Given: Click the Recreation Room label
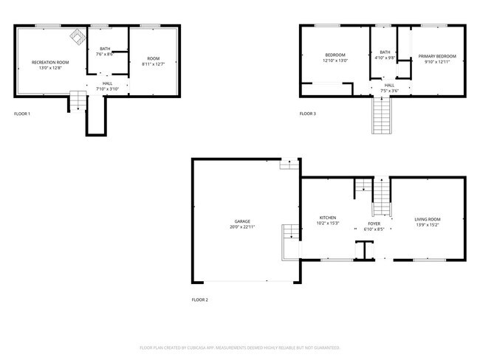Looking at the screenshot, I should click(x=50, y=62).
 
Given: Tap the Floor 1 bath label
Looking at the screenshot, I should click(x=105, y=49).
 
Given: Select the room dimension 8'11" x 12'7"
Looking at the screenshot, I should click(x=153, y=63).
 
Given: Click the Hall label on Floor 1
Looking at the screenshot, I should click(x=108, y=83).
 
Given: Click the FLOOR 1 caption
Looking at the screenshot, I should click(x=22, y=114).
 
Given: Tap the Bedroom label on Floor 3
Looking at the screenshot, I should click(x=335, y=55).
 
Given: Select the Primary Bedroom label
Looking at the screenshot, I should click(x=436, y=56).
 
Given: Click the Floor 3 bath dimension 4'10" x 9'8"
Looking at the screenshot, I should click(x=385, y=58).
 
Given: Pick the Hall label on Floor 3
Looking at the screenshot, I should click(x=389, y=85).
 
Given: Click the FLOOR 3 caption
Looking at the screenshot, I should click(x=307, y=114).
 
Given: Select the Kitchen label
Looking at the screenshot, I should click(x=328, y=218).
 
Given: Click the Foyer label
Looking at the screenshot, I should click(x=374, y=223).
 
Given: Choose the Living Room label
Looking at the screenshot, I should click(x=428, y=219).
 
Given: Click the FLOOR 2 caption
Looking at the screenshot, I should click(x=199, y=300).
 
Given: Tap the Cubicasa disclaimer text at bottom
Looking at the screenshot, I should click(x=239, y=347).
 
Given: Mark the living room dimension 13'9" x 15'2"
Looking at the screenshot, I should click(x=428, y=224).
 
